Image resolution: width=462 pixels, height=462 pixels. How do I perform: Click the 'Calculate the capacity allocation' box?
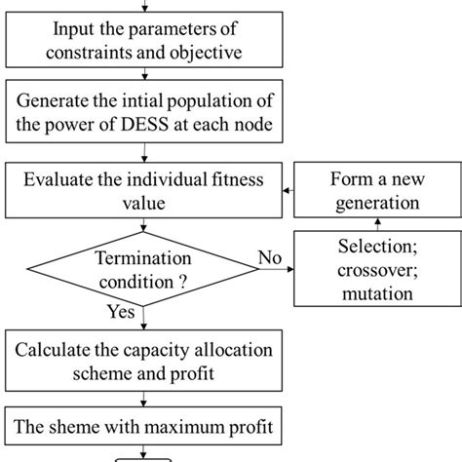click(x=144, y=362)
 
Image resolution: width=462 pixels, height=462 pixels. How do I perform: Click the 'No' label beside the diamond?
click(x=270, y=257)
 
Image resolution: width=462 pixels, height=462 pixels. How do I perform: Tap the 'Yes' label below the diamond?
click(x=119, y=314)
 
